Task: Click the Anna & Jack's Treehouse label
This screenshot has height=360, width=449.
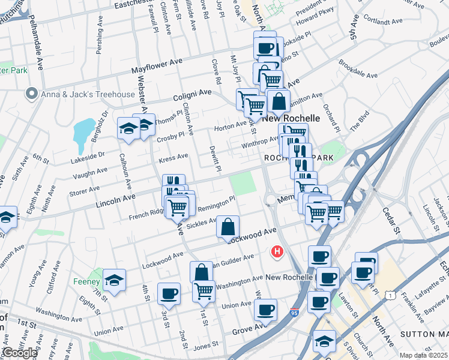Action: coord(88,94)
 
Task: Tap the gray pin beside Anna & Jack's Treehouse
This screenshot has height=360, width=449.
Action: coord(31,94)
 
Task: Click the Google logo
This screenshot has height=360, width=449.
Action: coord(19,353)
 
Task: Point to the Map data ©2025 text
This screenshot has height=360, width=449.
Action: coord(423,355)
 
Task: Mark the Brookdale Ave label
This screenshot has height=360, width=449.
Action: coord(358,69)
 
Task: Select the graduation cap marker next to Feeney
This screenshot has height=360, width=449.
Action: coord(113,280)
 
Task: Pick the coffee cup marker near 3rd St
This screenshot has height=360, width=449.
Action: coord(169,293)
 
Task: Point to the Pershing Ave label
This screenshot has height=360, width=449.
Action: coord(99,40)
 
